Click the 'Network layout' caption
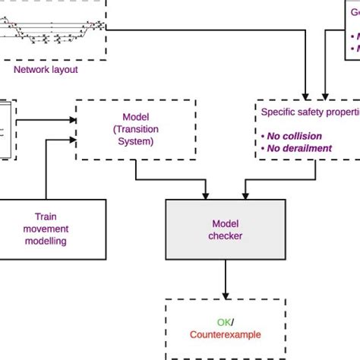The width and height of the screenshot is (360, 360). click(x=46, y=69)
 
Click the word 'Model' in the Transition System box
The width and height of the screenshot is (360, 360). click(x=136, y=118)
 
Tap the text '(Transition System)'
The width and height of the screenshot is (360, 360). click(x=136, y=134)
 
